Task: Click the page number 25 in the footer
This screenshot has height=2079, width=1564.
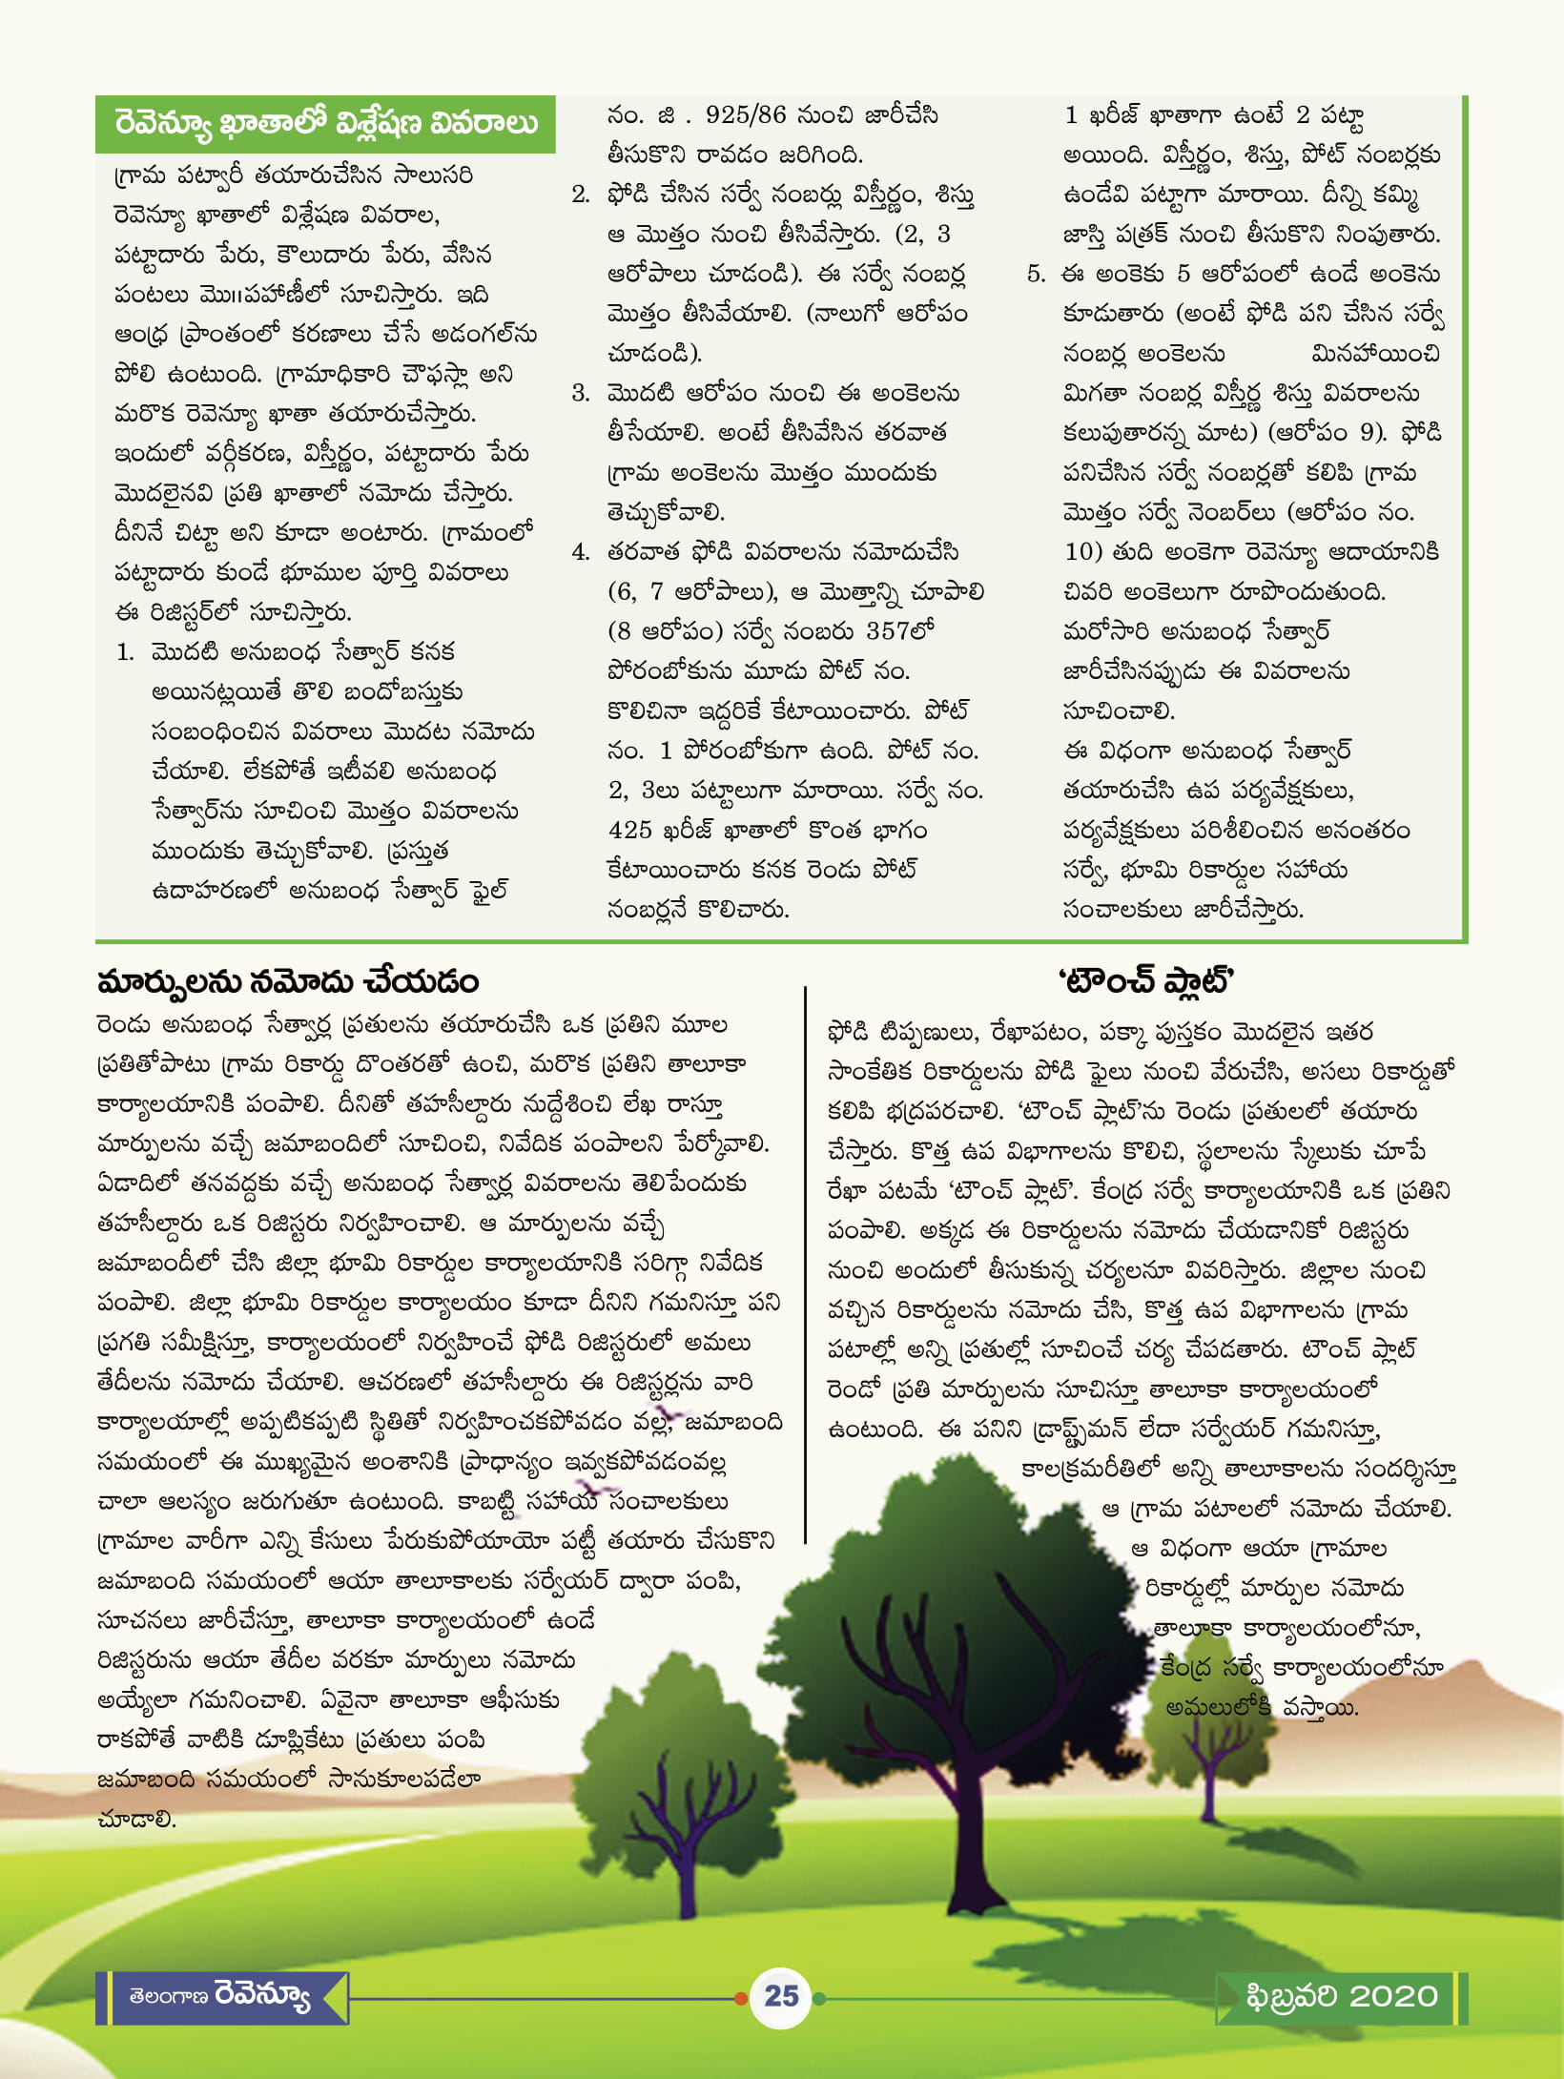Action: click(x=781, y=1996)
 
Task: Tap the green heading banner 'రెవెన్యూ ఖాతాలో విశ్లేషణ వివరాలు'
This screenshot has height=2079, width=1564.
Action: click(x=325, y=124)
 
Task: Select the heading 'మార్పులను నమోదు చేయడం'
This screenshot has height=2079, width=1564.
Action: click(x=288, y=981)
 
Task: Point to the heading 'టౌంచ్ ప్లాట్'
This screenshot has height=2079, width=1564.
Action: click(x=1145, y=980)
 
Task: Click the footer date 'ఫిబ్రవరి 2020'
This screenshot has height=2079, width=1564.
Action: click(x=1341, y=1996)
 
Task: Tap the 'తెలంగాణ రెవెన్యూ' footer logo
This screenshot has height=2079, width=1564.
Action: click(x=221, y=1996)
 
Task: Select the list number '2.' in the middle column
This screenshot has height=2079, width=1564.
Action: click(x=581, y=195)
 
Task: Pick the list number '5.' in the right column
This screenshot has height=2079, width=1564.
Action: click(x=1037, y=275)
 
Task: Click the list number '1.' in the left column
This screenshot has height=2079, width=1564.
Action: click(x=125, y=652)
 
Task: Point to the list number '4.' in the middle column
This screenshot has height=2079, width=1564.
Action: click(x=581, y=552)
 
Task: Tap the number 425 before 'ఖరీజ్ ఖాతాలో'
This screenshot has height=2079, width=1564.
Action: click(x=630, y=831)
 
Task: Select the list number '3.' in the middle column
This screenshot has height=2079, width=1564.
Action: click(x=581, y=394)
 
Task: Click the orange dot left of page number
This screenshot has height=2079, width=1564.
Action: click(x=741, y=1997)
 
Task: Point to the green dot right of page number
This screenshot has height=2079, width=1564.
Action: click(x=819, y=1997)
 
